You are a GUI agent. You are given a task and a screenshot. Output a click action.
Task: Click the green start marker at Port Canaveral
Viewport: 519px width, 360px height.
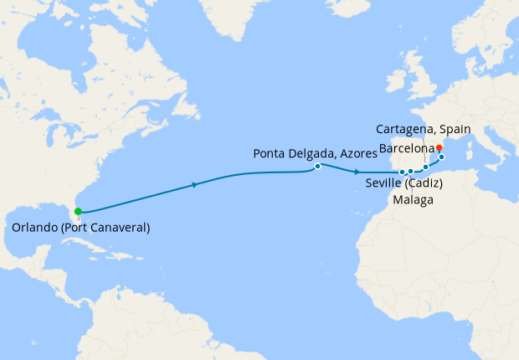[x=78, y=212]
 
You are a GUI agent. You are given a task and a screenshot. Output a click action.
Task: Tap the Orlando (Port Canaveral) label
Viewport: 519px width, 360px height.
[x=81, y=228]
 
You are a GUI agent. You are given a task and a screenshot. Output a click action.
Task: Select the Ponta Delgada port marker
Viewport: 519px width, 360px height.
[x=318, y=166]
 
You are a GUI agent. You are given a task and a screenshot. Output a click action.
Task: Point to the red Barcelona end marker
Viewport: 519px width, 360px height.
[x=439, y=148]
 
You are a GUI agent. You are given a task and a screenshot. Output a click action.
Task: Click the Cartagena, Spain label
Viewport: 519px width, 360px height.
[x=424, y=130]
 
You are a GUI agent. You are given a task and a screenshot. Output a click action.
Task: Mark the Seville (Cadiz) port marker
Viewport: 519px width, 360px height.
[x=403, y=172]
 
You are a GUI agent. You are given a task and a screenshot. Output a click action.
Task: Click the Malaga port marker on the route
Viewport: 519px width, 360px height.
[x=411, y=172]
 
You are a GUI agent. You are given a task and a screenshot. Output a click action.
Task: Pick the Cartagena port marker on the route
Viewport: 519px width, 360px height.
[x=425, y=167]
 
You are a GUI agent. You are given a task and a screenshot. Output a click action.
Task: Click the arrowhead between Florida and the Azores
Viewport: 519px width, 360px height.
[x=195, y=184]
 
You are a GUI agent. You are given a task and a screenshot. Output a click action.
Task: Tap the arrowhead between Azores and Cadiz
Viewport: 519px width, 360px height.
[x=346, y=170]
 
